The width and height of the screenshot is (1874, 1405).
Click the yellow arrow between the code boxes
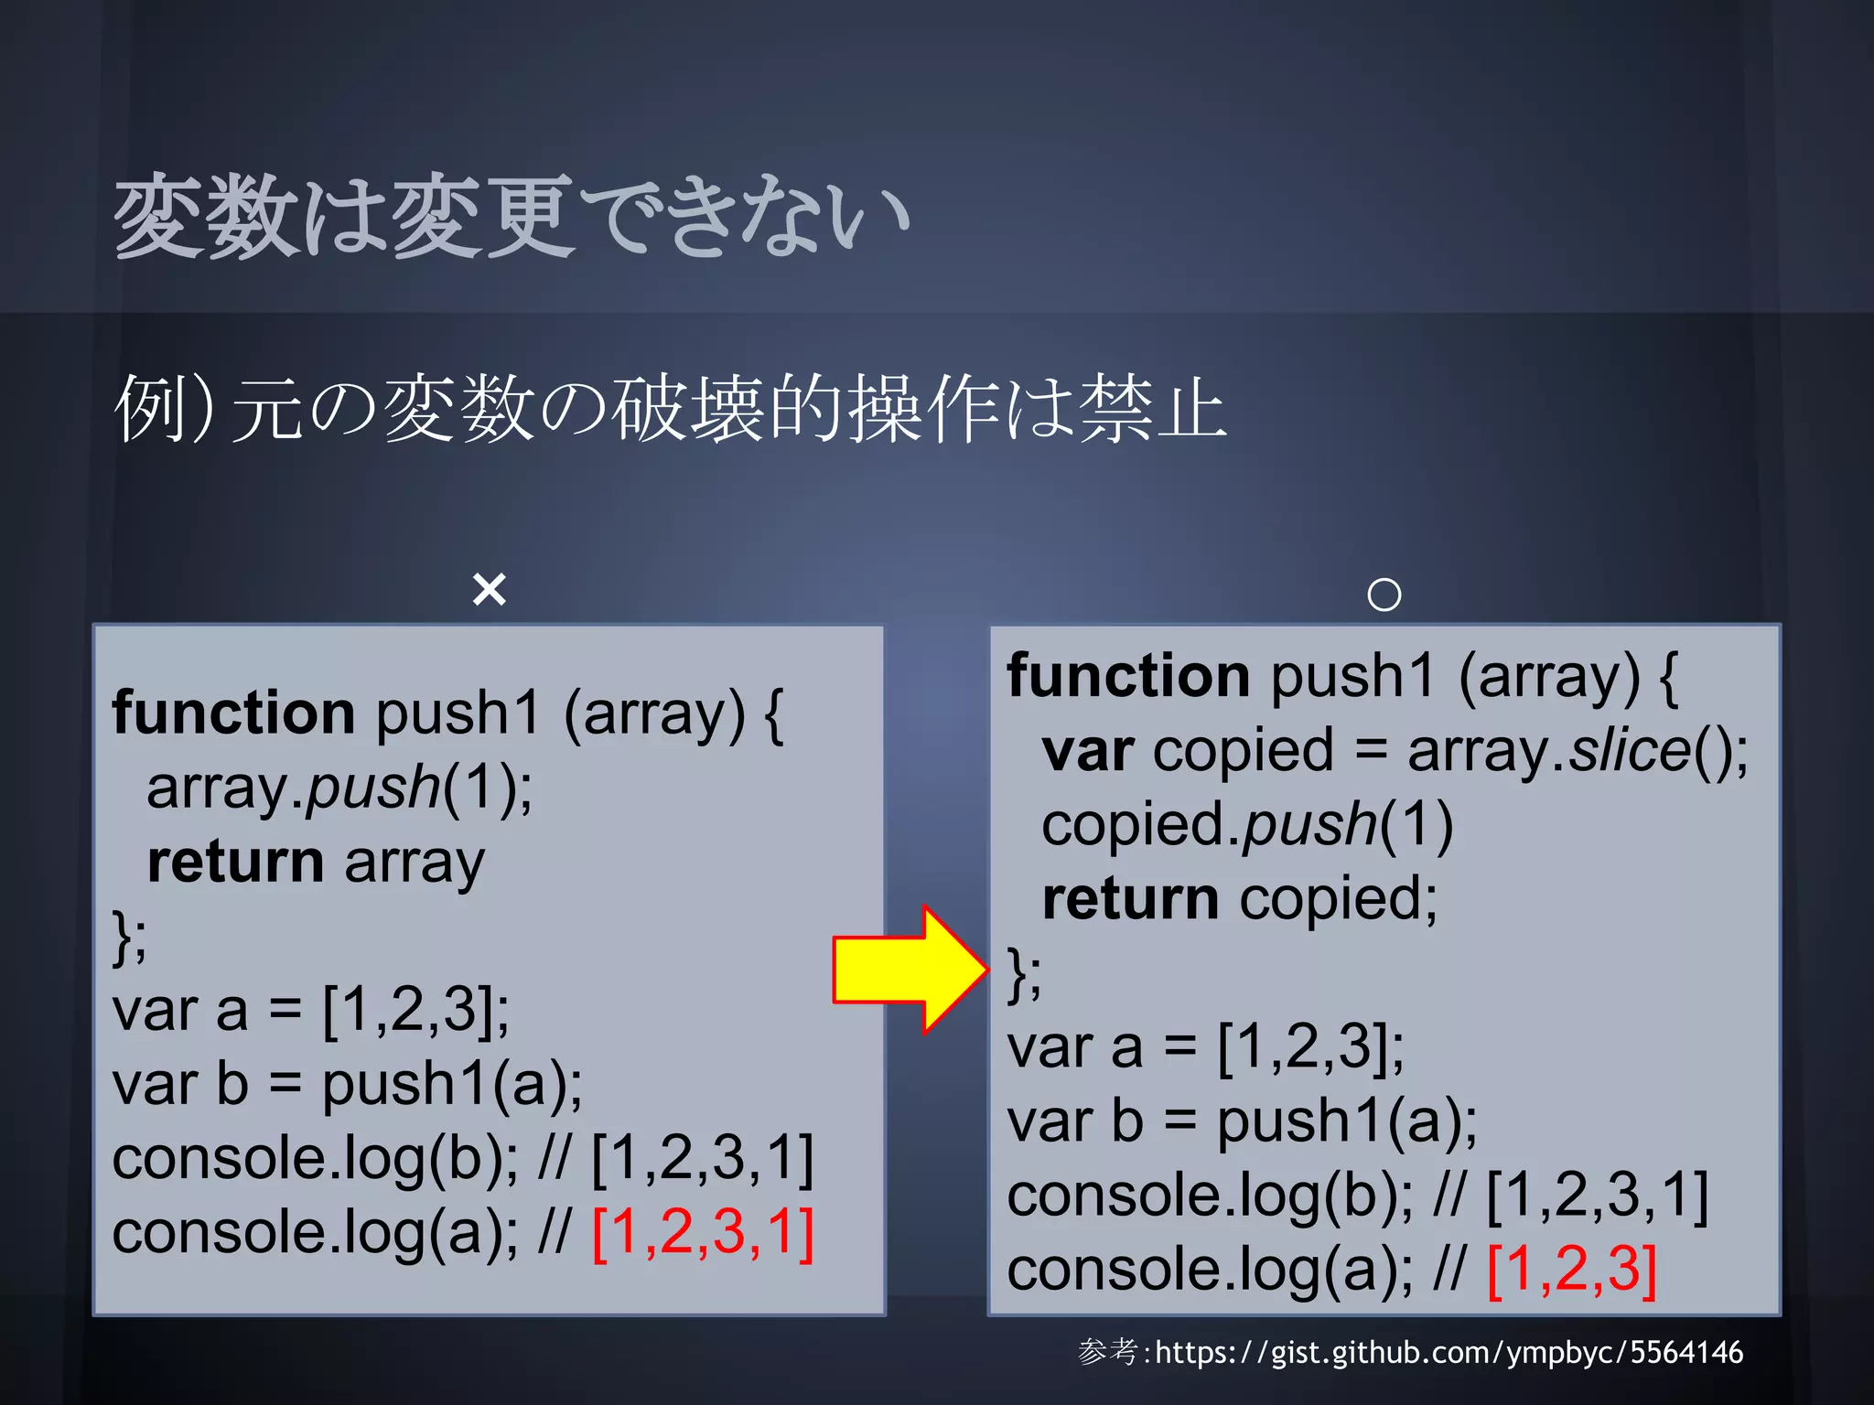910,970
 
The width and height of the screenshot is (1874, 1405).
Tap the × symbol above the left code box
490,590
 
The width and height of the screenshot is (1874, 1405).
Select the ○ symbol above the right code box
1384,595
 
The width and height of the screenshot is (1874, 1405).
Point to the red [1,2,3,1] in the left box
703,1232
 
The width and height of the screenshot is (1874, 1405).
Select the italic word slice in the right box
1630,751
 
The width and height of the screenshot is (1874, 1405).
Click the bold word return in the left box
235,863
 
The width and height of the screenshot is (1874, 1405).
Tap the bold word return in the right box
1130,899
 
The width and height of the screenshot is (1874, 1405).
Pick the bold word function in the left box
233,713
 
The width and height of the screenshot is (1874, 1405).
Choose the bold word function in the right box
1128,676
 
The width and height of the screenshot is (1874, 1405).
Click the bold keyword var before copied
1088,751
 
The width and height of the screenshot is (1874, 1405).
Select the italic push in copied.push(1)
1309,825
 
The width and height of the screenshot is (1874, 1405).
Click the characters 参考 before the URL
1108,1352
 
